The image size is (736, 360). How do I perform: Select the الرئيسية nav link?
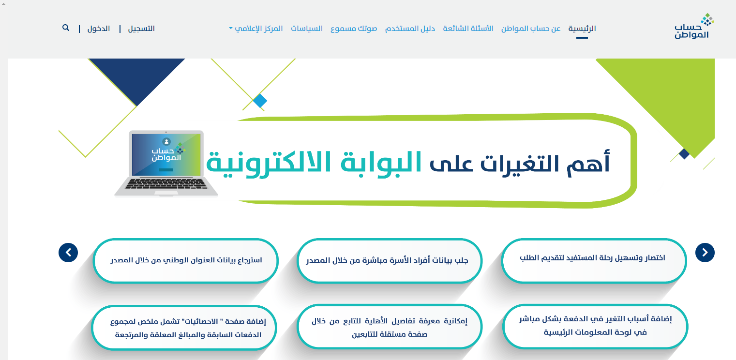(582, 29)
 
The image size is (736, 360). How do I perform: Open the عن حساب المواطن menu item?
(531, 29)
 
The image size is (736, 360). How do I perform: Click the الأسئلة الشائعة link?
(468, 29)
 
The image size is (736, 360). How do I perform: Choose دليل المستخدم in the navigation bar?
(410, 29)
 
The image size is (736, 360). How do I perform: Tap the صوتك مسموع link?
(354, 29)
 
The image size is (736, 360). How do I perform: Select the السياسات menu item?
(307, 29)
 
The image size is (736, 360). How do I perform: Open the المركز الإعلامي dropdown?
(256, 29)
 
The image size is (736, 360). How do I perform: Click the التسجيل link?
(141, 29)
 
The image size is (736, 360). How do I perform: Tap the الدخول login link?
(99, 29)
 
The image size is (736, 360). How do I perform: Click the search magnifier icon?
(66, 28)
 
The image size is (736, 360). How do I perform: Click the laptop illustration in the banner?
(166, 163)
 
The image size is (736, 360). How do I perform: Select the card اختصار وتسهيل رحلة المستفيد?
(594, 260)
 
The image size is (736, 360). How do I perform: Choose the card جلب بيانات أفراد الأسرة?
(389, 260)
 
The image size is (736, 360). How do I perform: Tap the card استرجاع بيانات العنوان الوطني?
(186, 260)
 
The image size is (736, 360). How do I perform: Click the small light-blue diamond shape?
(260, 101)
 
